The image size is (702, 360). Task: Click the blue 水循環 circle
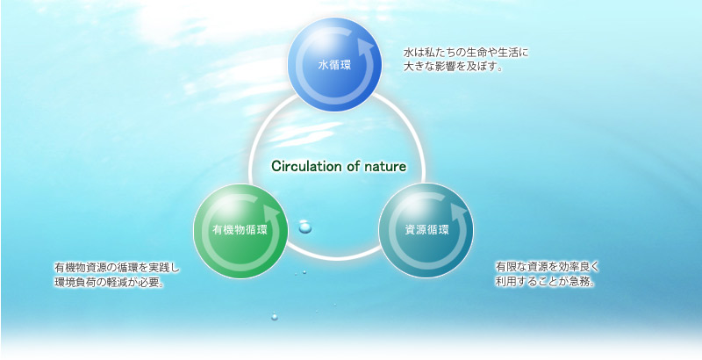[334, 64]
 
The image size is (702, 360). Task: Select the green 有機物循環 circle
[240, 231]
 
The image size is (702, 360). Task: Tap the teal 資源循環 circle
[426, 231]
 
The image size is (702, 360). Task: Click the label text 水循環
[334, 66]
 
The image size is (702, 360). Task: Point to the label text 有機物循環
[240, 231]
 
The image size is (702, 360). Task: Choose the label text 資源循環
[426, 231]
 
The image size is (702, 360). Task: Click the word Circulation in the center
[306, 167]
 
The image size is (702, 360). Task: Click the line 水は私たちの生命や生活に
[466, 53]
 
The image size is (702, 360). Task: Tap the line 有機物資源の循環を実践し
[117, 268]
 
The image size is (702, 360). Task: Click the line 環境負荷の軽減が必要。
[108, 283]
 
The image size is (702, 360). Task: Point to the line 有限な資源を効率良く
[547, 267]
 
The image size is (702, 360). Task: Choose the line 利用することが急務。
[545, 282]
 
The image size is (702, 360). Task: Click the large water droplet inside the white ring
[304, 227]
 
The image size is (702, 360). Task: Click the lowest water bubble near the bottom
[275, 317]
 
